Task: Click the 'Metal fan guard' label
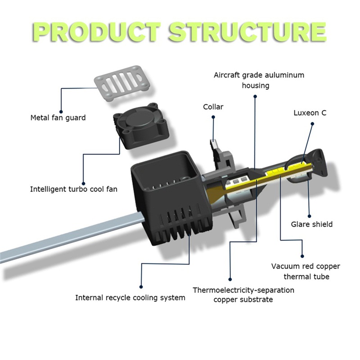[58, 118]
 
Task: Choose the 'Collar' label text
[213, 107]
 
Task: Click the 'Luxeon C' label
[310, 112]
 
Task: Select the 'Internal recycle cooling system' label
[130, 297]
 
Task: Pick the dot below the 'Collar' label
[213, 118]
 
